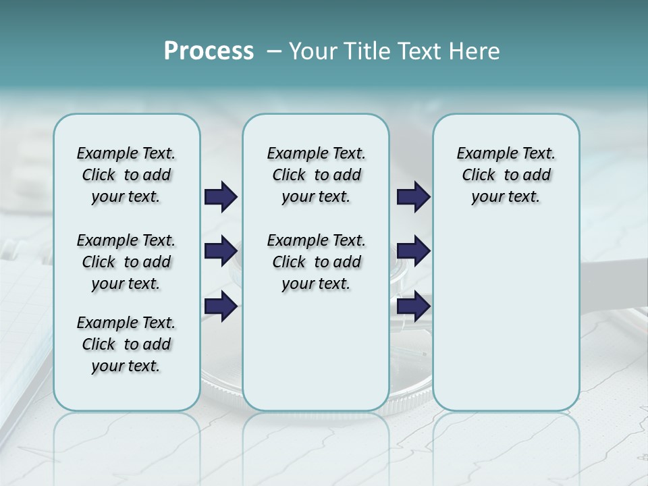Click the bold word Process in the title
209,51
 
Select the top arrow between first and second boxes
221,196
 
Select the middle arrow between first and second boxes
221,251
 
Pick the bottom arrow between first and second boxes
221,306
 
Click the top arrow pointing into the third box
413,196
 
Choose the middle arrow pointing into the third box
413,251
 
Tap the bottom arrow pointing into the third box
413,306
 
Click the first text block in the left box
126,175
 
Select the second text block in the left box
126,262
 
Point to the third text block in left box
126,344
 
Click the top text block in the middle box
316,175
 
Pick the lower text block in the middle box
316,262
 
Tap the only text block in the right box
506,175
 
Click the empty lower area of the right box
506,317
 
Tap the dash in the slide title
274,51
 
